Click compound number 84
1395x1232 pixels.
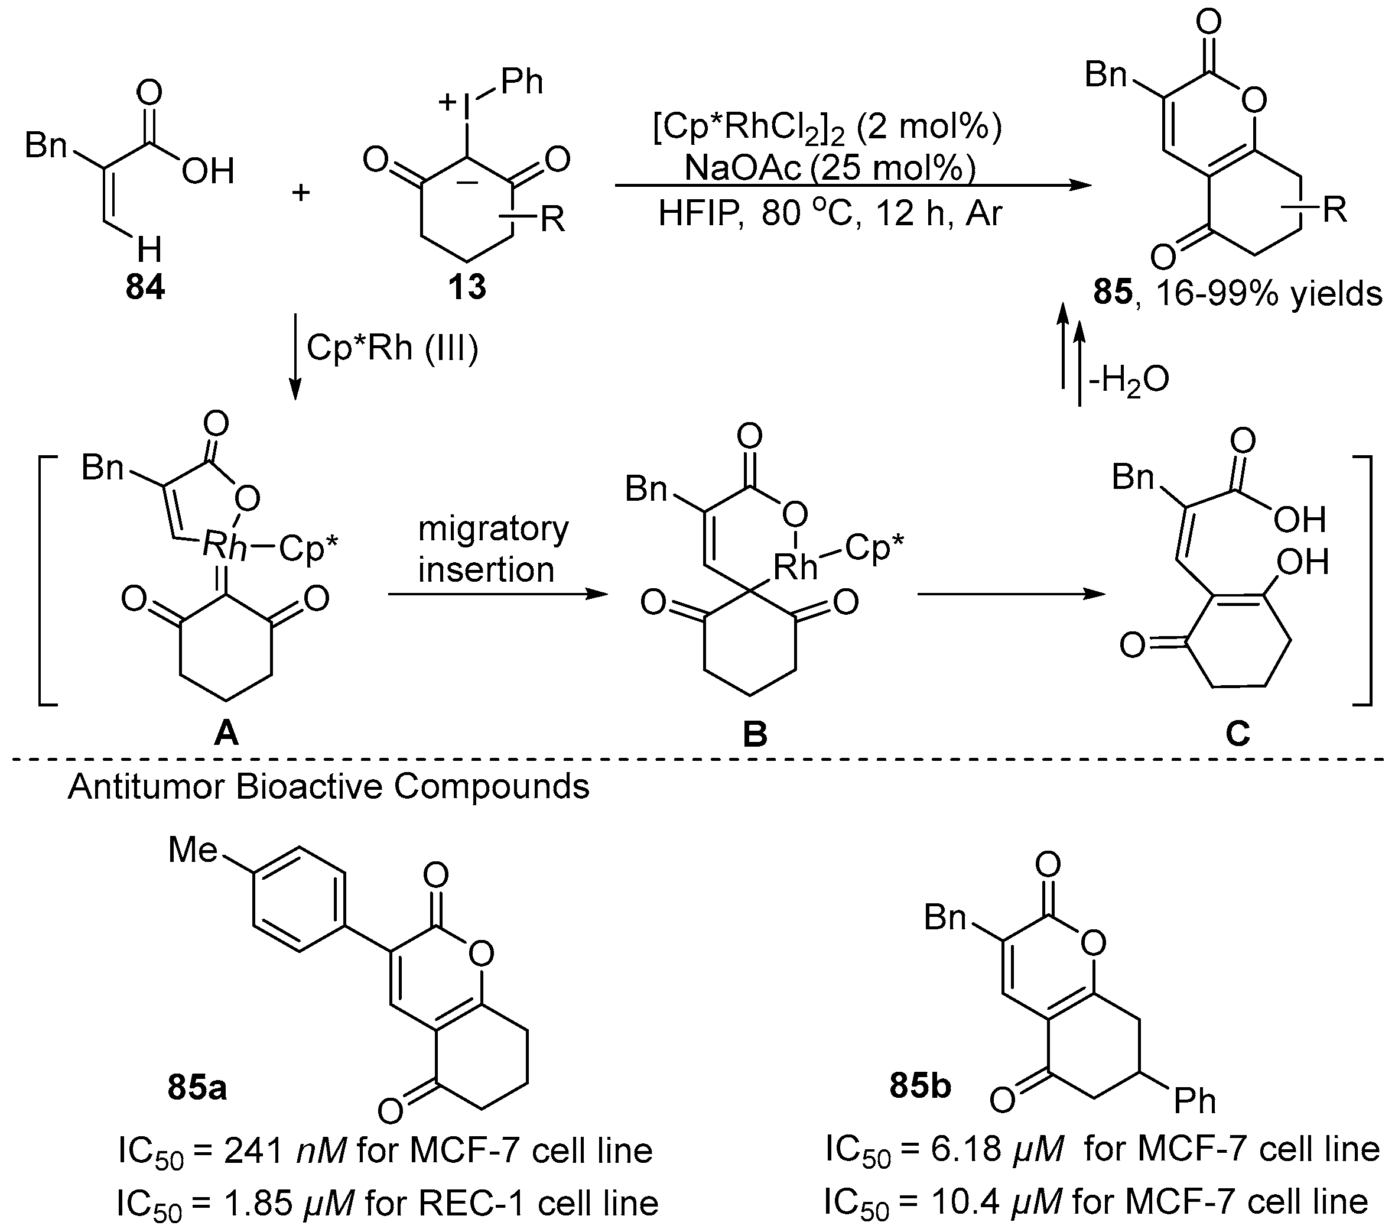[x=145, y=287]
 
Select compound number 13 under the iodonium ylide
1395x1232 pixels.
[x=467, y=287]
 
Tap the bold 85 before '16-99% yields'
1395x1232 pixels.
[x=1113, y=293]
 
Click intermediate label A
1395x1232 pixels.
[x=226, y=734]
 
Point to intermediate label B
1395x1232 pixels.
[x=755, y=734]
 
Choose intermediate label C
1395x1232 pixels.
[x=1237, y=734]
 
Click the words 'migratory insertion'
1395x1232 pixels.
[x=492, y=549]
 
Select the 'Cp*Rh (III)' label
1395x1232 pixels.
[x=392, y=348]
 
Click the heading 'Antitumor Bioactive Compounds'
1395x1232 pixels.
[x=329, y=787]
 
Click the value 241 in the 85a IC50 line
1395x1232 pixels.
[x=255, y=1151]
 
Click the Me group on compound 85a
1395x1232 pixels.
[x=193, y=851]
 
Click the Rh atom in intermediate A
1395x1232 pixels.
[x=225, y=547]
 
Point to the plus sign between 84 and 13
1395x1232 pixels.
[x=301, y=193]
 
